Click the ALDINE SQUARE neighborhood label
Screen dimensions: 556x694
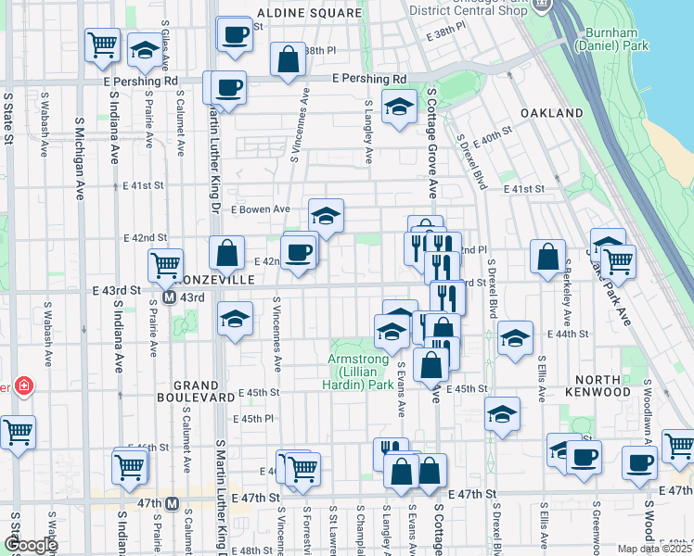[309, 13]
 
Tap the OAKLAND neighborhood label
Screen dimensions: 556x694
[551, 113]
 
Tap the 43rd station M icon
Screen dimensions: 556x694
[170, 297]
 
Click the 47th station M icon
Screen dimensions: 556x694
[172, 503]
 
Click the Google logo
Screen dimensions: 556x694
[31, 545]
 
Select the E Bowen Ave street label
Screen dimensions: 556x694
[261, 209]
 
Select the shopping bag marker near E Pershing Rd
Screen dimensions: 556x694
[289, 60]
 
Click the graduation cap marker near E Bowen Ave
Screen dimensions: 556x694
[326, 216]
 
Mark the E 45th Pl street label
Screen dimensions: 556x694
[252, 419]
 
